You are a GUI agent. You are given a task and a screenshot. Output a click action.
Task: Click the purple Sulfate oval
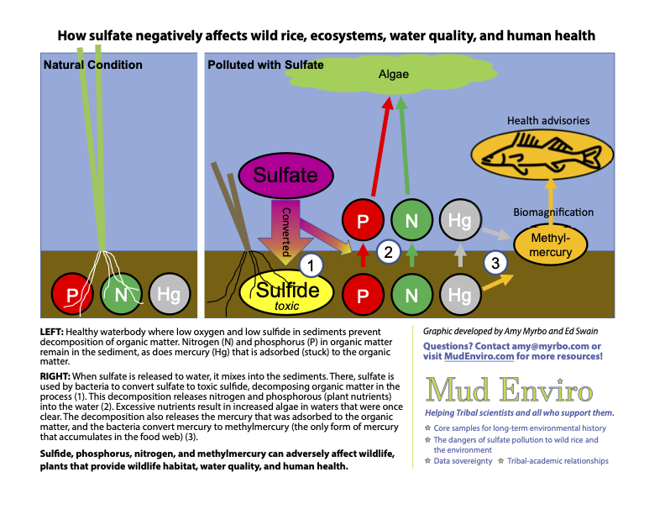[x=285, y=176]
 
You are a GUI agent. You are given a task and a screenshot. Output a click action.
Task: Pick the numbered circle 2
[x=387, y=249]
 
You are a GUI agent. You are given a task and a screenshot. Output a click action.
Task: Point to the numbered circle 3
[x=496, y=263]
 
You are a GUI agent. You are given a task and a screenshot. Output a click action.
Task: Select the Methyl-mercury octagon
[x=551, y=245]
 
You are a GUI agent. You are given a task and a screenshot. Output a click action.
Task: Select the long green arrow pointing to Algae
[x=406, y=147]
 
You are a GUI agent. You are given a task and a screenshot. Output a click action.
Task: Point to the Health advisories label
[x=547, y=121]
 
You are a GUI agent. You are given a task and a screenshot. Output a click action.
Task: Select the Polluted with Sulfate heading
[x=265, y=65]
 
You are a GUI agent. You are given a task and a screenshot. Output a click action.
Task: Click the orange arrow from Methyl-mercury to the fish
[x=551, y=193]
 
